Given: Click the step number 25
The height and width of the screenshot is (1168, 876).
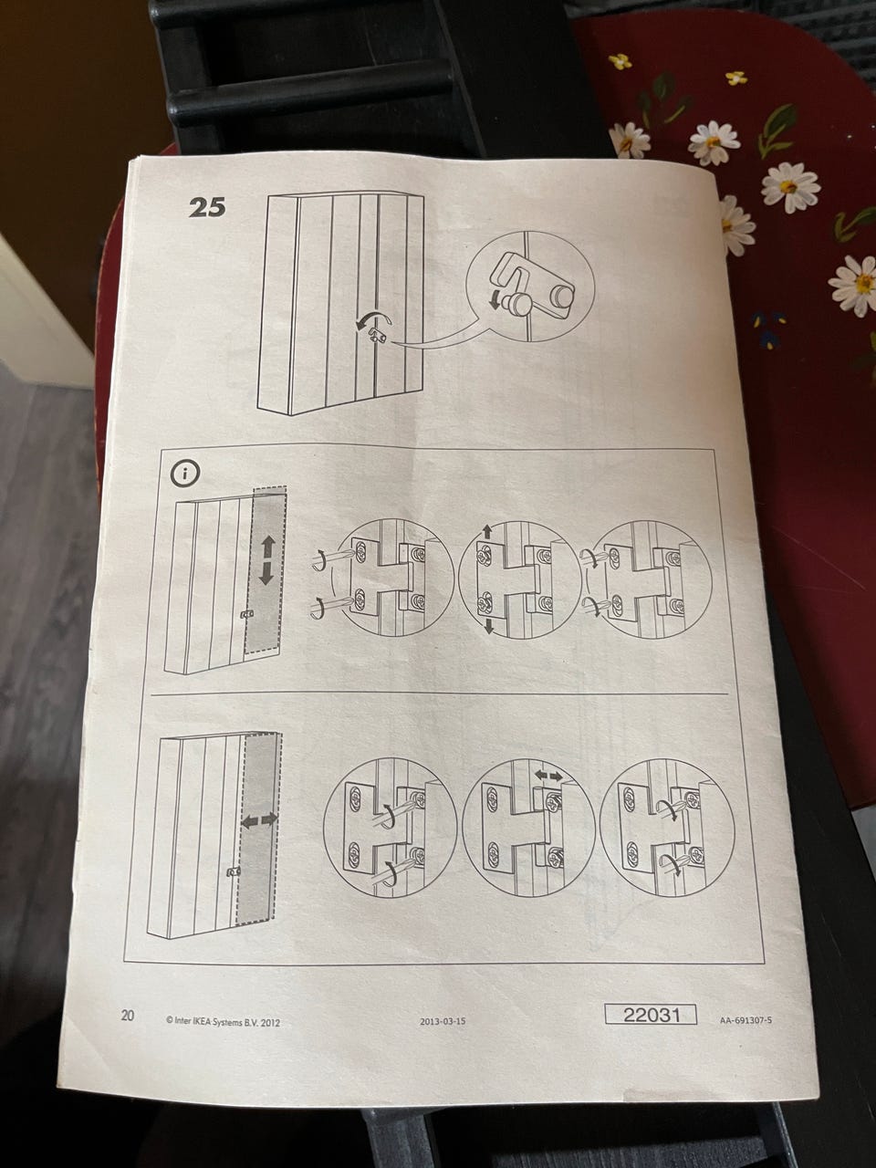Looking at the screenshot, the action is click(207, 207).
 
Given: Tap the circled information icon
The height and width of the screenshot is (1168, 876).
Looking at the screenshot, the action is click(185, 473).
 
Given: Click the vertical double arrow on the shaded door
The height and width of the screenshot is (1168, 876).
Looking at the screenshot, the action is click(267, 559).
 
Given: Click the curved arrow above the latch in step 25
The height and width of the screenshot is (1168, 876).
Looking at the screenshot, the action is click(374, 318).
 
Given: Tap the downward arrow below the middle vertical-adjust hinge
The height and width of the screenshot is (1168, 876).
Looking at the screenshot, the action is click(489, 625).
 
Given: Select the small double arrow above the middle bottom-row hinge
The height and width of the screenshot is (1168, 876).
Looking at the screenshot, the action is click(547, 777).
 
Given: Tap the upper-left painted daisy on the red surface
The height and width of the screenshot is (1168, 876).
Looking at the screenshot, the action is click(630, 140).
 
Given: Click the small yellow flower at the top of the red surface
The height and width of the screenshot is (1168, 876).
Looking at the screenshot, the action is click(620, 61).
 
